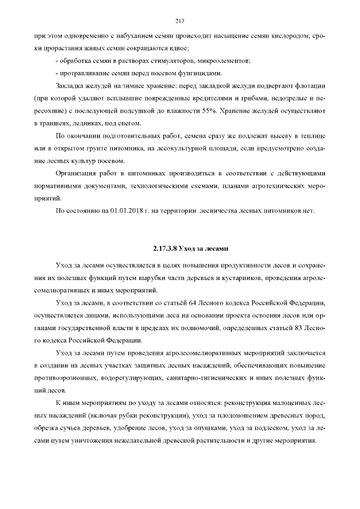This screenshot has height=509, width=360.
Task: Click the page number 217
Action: click(x=180, y=21)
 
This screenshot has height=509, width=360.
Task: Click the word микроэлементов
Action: click(x=220, y=61)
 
